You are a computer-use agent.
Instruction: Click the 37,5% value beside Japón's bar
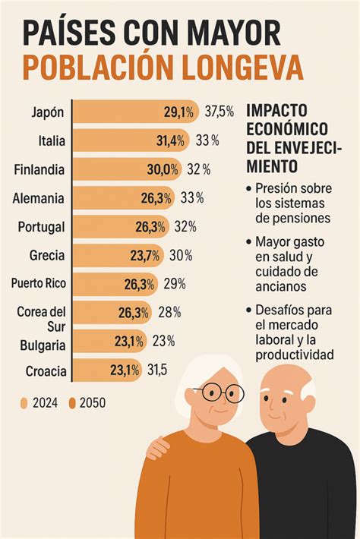219,112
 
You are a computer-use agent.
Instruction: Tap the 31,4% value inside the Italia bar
172,140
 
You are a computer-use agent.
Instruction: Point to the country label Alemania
39,198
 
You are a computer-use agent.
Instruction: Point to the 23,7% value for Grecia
145,256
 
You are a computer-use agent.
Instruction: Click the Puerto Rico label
38,284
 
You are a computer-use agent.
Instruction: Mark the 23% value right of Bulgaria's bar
163,342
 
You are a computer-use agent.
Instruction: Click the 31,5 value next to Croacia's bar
156,370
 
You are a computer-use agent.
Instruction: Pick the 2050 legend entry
88,403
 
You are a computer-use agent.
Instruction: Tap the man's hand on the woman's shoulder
157,449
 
